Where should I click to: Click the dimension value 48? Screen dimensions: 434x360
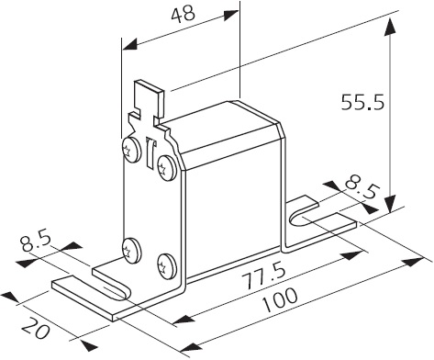(183, 15)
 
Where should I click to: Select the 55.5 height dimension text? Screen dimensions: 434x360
(362, 102)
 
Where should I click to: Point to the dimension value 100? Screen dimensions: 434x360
(280, 300)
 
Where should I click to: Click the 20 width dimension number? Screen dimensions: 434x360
(36, 329)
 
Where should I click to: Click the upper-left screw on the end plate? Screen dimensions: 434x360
(131, 150)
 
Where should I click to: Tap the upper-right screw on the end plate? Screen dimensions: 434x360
(167, 167)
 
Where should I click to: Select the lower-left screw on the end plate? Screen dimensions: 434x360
(131, 251)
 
